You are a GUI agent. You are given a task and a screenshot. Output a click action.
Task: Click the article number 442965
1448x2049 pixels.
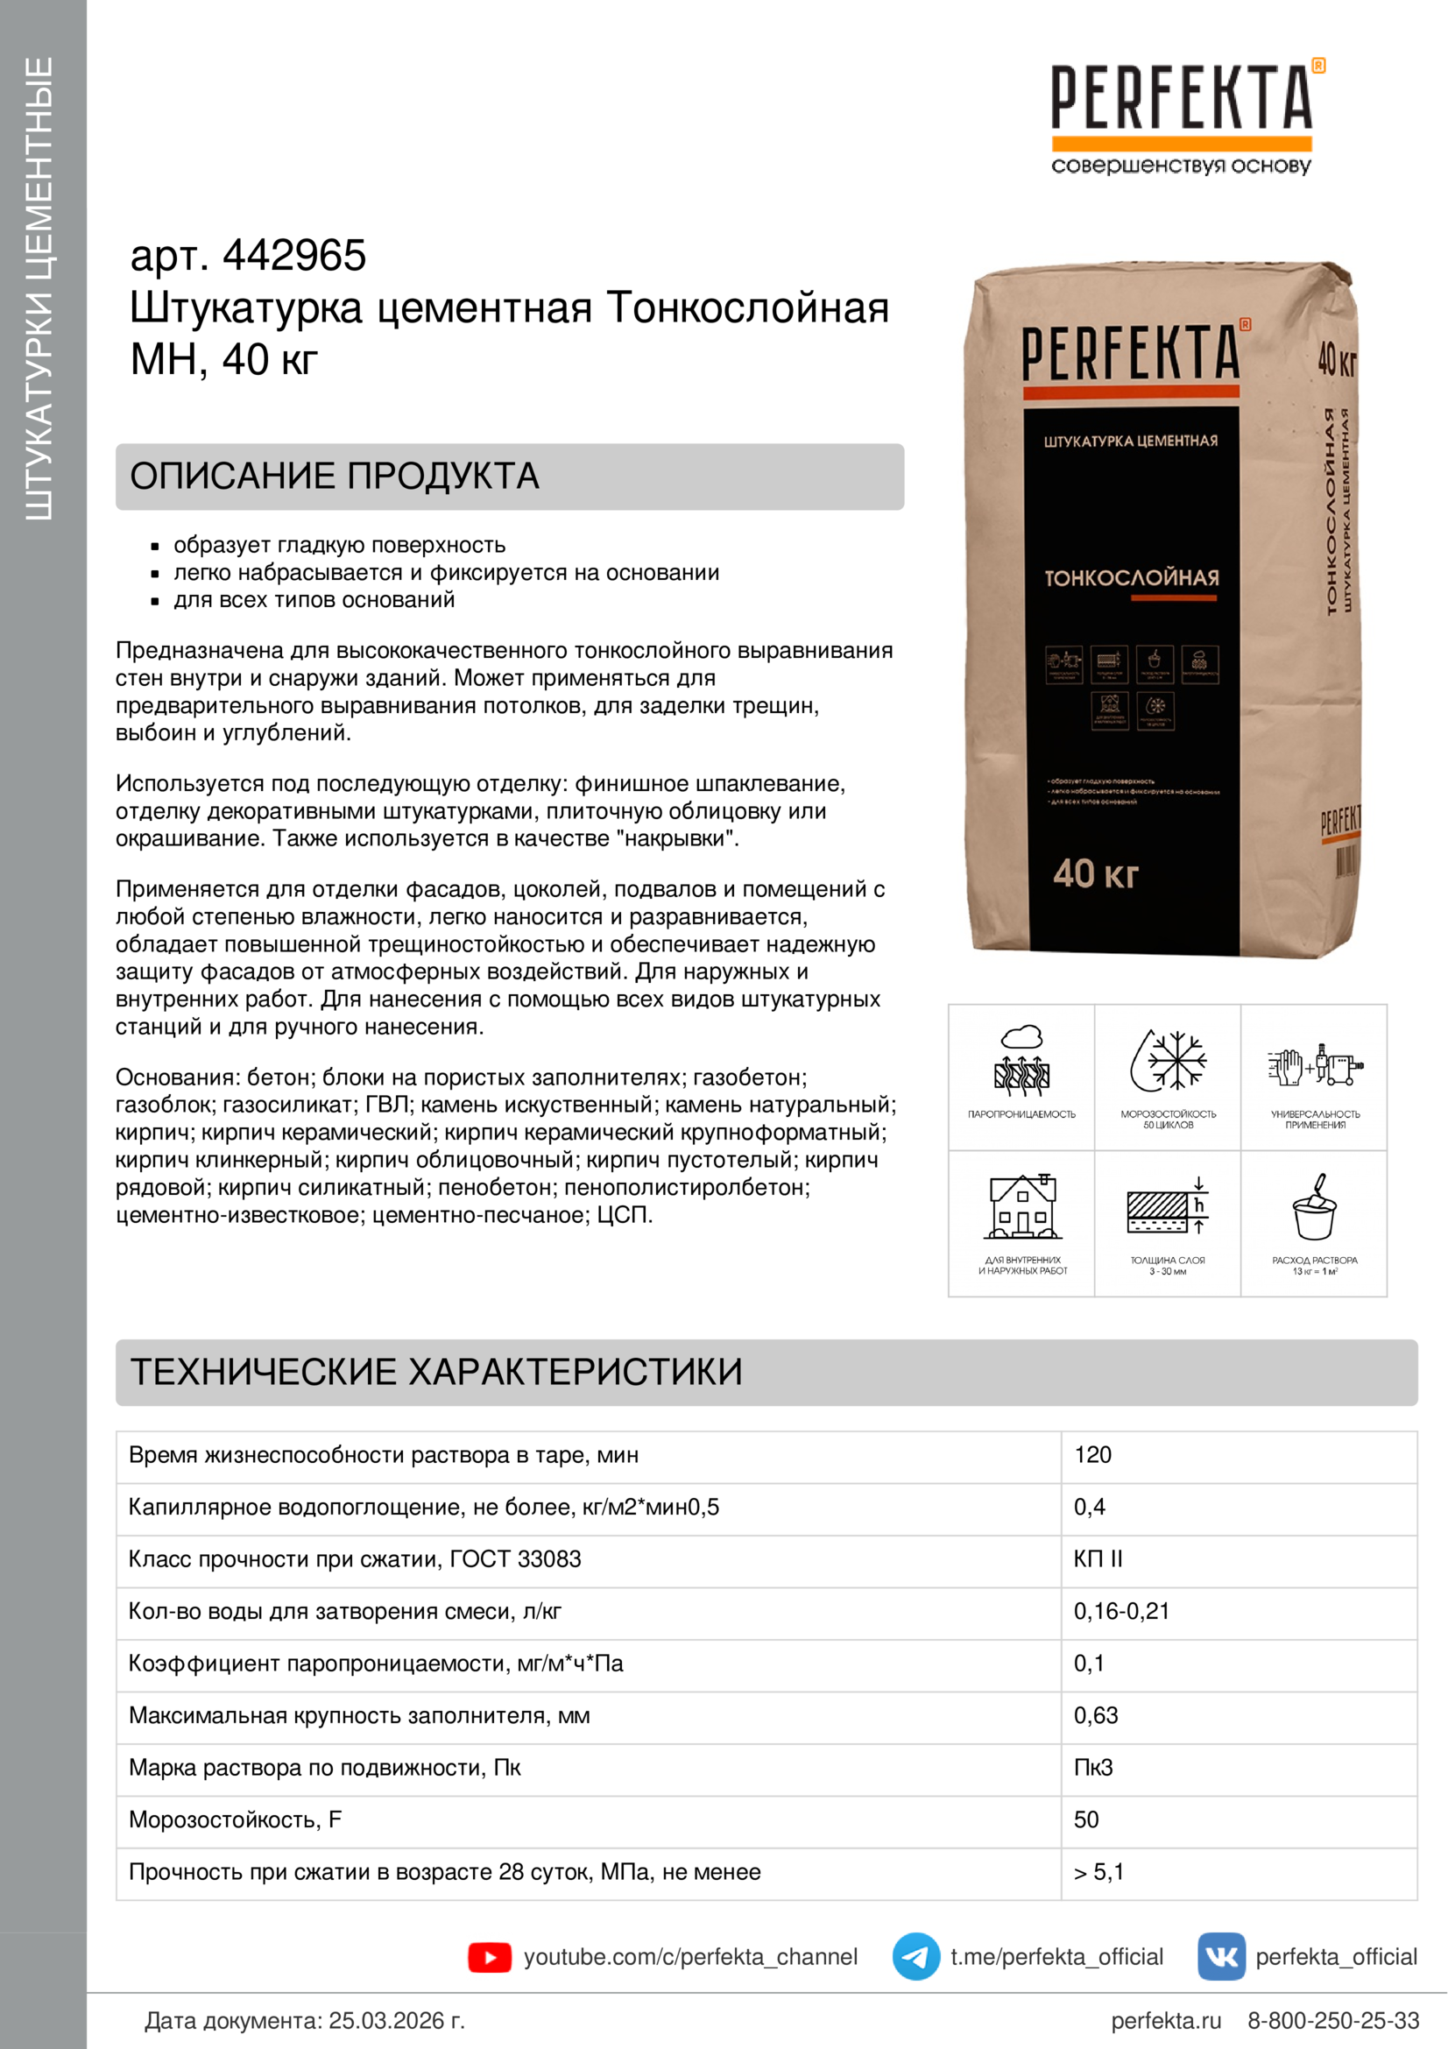click(x=293, y=256)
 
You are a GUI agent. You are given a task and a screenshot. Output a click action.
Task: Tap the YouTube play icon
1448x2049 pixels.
click(x=489, y=1957)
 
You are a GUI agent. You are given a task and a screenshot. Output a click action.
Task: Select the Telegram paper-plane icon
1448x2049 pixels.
click(x=915, y=1957)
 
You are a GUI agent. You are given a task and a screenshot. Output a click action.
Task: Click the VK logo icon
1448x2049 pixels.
click(x=1220, y=1957)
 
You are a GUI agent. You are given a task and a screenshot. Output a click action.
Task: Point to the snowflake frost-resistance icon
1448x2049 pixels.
click(x=1169, y=1060)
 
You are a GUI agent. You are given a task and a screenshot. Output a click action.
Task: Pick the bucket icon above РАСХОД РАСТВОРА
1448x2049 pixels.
click(x=1314, y=1207)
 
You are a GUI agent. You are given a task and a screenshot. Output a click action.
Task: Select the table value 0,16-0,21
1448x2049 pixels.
click(x=1120, y=1611)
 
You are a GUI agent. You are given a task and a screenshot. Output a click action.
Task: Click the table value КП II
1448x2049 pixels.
click(x=1098, y=1559)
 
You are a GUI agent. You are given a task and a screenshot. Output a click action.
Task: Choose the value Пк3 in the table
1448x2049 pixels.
click(x=1093, y=1767)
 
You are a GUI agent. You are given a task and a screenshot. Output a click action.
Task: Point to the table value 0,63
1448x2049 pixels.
click(x=1096, y=1715)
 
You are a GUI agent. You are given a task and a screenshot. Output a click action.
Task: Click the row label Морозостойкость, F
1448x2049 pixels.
click(x=235, y=1819)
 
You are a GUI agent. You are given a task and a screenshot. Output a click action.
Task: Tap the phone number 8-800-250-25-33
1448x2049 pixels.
click(x=1333, y=2020)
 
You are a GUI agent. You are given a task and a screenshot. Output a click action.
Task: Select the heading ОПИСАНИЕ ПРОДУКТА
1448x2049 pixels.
click(x=335, y=477)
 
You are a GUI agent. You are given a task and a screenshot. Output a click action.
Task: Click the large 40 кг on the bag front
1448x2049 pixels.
click(x=1096, y=873)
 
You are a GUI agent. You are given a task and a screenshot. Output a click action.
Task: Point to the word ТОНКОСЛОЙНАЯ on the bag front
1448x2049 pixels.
click(x=1131, y=578)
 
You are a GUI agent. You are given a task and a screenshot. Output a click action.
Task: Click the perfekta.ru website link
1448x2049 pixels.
click(x=1165, y=2020)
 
